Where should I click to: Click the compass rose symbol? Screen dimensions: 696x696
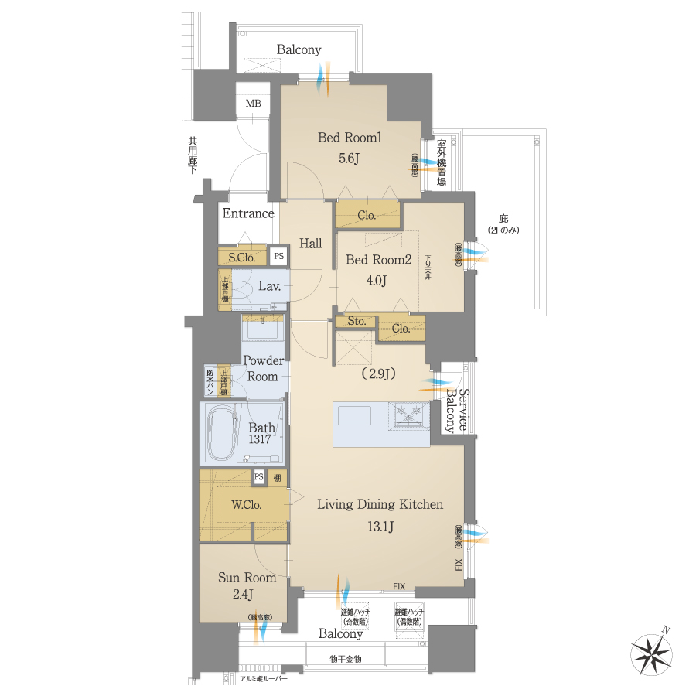click(x=653, y=651)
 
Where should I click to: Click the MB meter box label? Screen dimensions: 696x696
click(x=253, y=104)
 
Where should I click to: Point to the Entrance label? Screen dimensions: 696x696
click(x=248, y=213)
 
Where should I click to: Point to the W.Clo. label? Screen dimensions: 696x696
click(x=247, y=505)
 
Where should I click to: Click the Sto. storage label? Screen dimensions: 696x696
click(x=356, y=321)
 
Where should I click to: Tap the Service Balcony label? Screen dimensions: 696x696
click(x=457, y=409)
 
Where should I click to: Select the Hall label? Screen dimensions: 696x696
click(x=311, y=243)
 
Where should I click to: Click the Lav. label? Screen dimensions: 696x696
click(x=269, y=286)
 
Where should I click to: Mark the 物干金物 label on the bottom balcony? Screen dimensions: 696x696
click(x=345, y=658)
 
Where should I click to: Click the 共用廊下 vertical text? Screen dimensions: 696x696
click(x=193, y=155)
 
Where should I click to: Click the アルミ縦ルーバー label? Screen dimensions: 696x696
click(x=264, y=678)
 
